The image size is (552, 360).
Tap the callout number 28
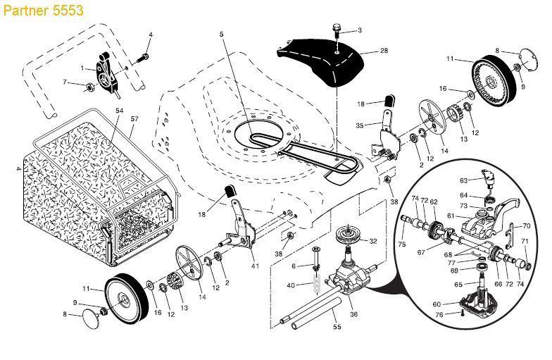pyautogui.click(x=384, y=51)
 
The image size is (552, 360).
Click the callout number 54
pyautogui.click(x=119, y=112)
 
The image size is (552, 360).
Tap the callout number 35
pyautogui.click(x=359, y=125)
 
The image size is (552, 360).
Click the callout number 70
pyautogui.click(x=526, y=227)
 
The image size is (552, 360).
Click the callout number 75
pyautogui.click(x=403, y=244)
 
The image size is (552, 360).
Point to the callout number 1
pyautogui.click(x=82, y=68)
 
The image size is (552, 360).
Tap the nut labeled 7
pyautogui.click(x=91, y=87)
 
